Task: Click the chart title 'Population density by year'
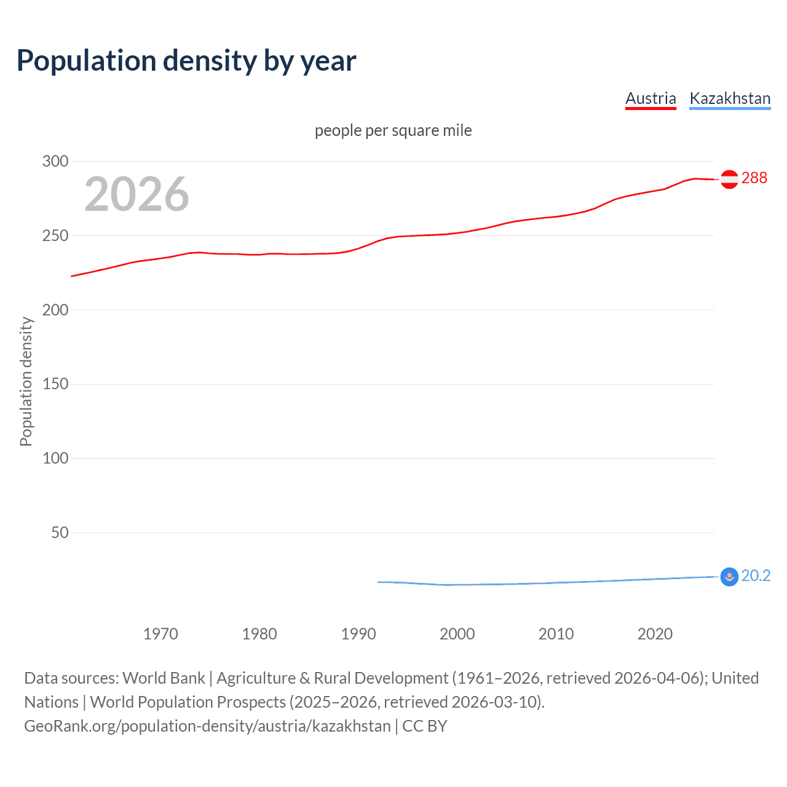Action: click(186, 61)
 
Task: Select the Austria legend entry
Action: click(651, 98)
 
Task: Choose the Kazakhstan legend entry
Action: click(730, 98)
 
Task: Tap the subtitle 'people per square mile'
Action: click(393, 130)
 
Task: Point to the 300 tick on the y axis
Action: click(55, 161)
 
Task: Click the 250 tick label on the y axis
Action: click(55, 235)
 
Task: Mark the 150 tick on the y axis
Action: click(55, 384)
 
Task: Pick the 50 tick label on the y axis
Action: click(60, 532)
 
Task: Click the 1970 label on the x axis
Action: click(160, 634)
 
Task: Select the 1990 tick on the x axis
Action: click(358, 634)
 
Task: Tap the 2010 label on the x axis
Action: click(556, 634)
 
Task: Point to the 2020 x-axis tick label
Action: click(655, 634)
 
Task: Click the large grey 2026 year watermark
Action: click(136, 194)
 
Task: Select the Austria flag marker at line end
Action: click(729, 179)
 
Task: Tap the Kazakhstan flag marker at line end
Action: click(729, 577)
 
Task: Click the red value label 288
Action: click(754, 178)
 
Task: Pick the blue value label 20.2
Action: click(756, 575)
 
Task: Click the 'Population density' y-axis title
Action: click(26, 381)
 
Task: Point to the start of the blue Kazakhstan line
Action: click(379, 582)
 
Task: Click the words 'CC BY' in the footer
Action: click(425, 726)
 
